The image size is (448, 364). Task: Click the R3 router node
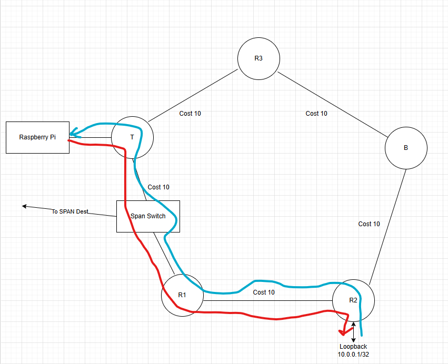(x=258, y=58)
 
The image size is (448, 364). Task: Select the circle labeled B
(x=405, y=148)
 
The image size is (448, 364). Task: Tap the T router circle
(x=132, y=137)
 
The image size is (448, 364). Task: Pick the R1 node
(x=182, y=295)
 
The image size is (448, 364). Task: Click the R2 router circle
(x=353, y=300)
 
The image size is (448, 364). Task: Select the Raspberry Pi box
(x=37, y=137)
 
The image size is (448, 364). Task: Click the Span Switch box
(x=148, y=216)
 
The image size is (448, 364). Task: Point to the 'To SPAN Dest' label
(x=69, y=211)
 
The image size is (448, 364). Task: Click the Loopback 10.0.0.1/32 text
(x=353, y=351)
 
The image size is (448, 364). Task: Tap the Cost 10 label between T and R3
(x=190, y=113)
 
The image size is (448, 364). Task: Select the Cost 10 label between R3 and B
(x=316, y=113)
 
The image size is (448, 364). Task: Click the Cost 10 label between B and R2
(x=369, y=224)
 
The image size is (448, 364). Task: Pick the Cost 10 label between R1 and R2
(x=264, y=292)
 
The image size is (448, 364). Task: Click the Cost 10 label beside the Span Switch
(x=158, y=187)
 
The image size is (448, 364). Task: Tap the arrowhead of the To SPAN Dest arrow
(x=24, y=206)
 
